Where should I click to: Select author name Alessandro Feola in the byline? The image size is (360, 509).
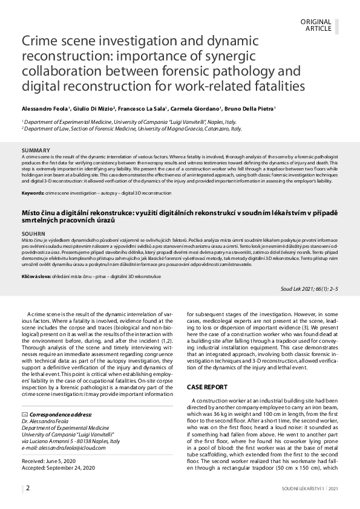click(x=44, y=109)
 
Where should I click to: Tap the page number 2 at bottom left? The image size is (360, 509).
click(x=27, y=487)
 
